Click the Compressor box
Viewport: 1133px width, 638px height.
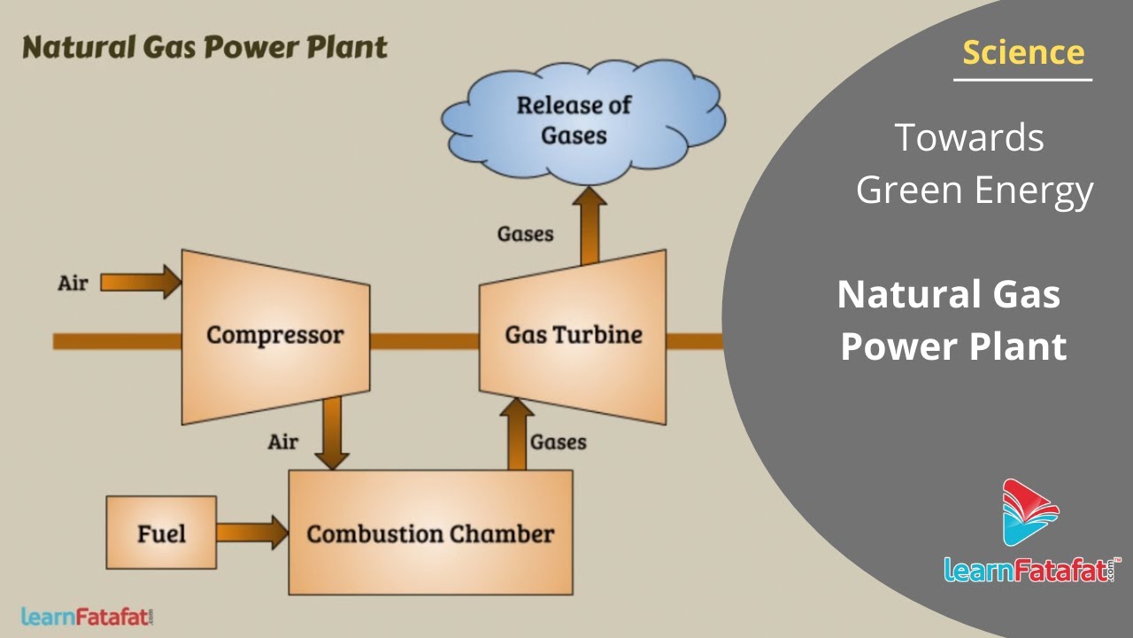pos(275,336)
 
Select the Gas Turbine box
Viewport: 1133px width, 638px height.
pos(573,336)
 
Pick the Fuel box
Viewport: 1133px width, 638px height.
pos(161,533)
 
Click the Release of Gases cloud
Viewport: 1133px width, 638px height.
pos(574,119)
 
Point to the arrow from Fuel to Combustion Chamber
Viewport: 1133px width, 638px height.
pos(252,533)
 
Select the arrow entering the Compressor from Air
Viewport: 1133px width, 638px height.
pos(142,282)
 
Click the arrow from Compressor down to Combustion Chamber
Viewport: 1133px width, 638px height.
pos(333,434)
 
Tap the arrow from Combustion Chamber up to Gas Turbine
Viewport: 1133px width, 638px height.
pos(517,434)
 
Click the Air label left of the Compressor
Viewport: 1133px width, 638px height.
pos(73,284)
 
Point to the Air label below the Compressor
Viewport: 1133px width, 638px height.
pos(282,441)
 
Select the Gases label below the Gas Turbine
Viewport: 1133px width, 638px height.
pos(558,441)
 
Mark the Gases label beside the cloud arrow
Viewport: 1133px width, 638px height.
pos(525,234)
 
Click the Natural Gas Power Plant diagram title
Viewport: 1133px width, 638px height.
pos(204,47)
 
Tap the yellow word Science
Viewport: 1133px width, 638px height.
pos(1023,52)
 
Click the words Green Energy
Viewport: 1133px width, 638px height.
pos(975,191)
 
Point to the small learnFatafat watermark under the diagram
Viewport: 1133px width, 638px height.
pos(88,614)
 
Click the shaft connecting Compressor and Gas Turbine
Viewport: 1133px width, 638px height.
pos(424,341)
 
